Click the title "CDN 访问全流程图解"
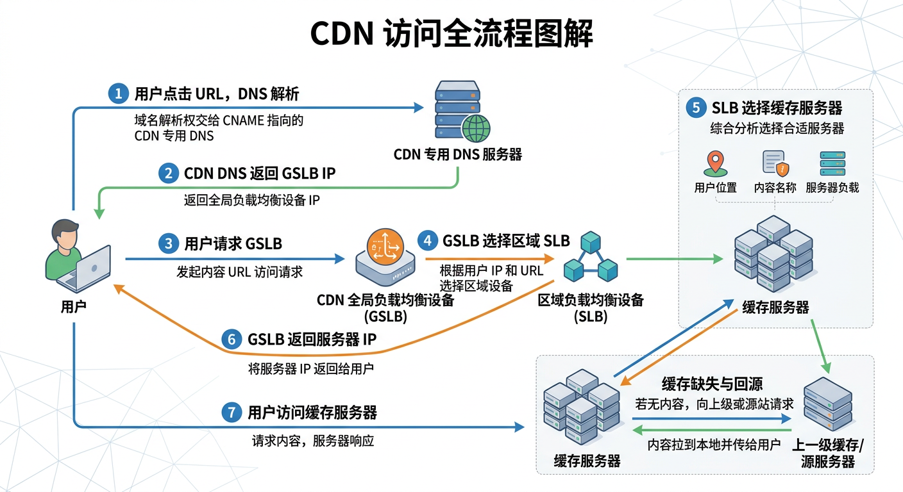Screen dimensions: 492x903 click(x=451, y=35)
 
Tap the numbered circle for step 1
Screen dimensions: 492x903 click(x=117, y=94)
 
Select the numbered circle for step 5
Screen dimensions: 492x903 click(x=695, y=107)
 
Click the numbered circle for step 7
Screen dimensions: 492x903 click(x=231, y=413)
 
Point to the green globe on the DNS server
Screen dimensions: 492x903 click(x=476, y=128)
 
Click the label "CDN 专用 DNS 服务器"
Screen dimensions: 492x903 click(x=457, y=154)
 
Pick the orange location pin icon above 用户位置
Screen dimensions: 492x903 click(x=714, y=164)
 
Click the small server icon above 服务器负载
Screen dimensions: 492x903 click(x=832, y=164)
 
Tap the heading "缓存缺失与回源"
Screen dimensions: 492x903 click(x=712, y=384)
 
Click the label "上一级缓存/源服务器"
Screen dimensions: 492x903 click(x=828, y=454)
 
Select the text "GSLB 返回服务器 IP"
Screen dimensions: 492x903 click(x=312, y=340)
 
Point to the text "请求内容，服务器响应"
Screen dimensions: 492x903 click(x=312, y=441)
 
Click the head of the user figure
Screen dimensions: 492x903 click(x=66, y=234)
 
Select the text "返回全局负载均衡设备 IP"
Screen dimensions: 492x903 click(x=251, y=200)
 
